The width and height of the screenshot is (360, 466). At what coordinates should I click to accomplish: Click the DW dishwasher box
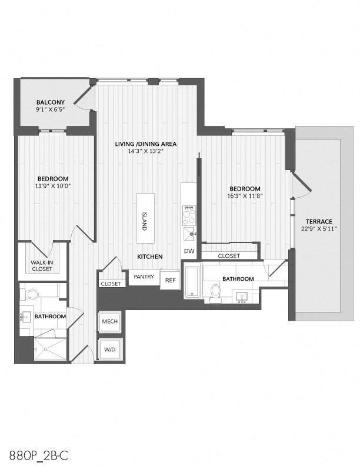click(189, 251)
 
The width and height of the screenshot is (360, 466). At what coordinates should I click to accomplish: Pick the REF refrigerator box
click(169, 280)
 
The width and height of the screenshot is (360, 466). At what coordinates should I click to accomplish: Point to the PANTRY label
click(144, 276)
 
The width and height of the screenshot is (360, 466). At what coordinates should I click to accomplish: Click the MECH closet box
click(109, 321)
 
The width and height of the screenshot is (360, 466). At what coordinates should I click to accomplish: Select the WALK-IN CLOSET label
click(42, 265)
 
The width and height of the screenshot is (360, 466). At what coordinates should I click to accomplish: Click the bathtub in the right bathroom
click(192, 282)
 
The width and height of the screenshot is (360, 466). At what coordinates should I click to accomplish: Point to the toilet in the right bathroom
click(215, 292)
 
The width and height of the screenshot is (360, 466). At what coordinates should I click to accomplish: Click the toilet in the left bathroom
click(34, 293)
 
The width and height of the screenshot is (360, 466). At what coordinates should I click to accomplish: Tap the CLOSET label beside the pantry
click(111, 284)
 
